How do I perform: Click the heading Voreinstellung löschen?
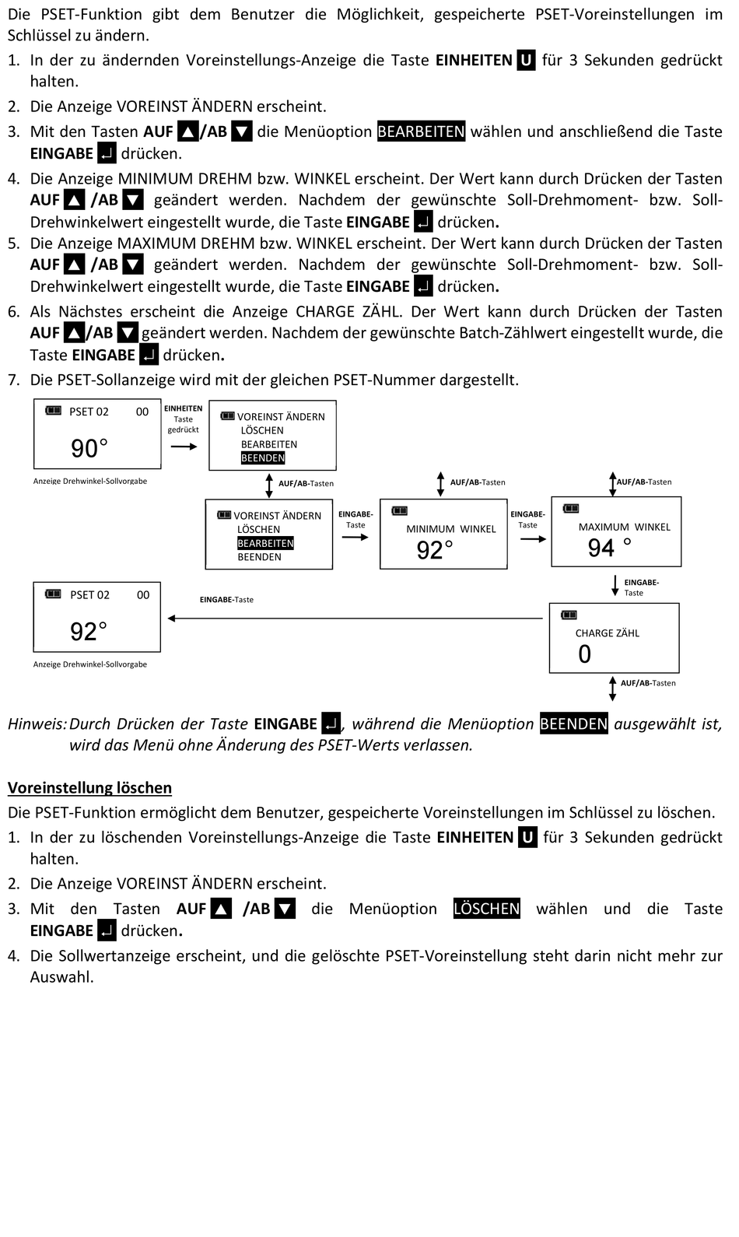click(89, 787)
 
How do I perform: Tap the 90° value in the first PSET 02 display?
click(89, 448)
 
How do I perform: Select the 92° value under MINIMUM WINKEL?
click(435, 550)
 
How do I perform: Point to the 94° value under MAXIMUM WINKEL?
click(609, 548)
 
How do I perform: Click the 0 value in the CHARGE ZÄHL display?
click(585, 654)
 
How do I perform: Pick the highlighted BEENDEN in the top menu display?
click(263, 458)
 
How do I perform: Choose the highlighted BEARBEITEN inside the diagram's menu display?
click(265, 543)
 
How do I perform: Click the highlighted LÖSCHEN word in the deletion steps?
click(486, 909)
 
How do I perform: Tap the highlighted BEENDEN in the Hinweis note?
click(573, 724)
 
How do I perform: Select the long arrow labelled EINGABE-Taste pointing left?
click(355, 618)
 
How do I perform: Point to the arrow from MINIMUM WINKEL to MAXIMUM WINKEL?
click(534, 539)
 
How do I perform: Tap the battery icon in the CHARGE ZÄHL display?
click(569, 615)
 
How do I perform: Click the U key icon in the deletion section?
click(527, 837)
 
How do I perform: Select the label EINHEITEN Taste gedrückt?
click(183, 419)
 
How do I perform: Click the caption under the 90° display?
click(90, 481)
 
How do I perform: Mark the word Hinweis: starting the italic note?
click(37, 724)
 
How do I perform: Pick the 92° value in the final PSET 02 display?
click(89, 631)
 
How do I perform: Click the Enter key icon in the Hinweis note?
click(331, 724)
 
